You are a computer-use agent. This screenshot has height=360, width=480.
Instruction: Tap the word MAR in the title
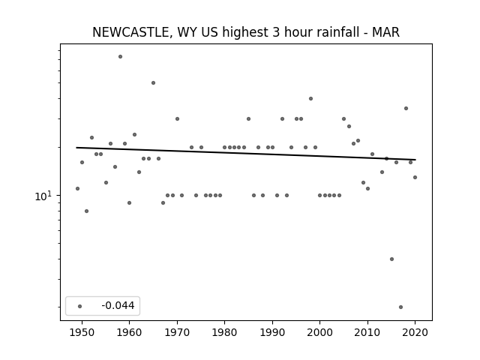pyautogui.click(x=385, y=32)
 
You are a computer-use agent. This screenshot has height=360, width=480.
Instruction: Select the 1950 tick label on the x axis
pyautogui.click(x=82, y=332)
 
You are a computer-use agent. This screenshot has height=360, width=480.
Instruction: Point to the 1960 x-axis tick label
pyautogui.click(x=130, y=332)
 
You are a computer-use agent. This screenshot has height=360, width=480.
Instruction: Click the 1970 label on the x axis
pyautogui.click(x=177, y=332)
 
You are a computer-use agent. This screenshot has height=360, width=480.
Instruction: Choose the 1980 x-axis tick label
pyautogui.click(x=225, y=332)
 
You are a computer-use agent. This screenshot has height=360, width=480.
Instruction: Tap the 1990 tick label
pyautogui.click(x=272, y=332)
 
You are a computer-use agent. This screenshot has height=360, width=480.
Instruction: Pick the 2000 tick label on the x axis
pyautogui.click(x=320, y=332)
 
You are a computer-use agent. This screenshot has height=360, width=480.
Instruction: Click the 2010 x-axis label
pyautogui.click(x=367, y=332)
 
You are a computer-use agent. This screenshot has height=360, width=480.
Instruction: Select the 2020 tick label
pyautogui.click(x=415, y=332)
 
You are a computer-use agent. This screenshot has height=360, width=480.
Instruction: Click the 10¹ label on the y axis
pyautogui.click(x=43, y=196)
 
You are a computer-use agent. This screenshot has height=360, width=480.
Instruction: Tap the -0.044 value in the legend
pyautogui.click(x=118, y=305)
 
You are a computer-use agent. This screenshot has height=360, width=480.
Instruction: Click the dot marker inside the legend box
pyautogui.click(x=80, y=306)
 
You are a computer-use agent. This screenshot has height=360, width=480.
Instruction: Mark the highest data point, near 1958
pyautogui.click(x=120, y=57)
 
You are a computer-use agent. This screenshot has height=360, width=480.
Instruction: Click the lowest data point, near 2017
pyautogui.click(x=400, y=307)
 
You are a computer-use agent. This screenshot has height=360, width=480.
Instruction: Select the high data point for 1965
pyautogui.click(x=153, y=83)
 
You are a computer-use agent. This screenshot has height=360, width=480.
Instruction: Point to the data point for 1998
pyautogui.click(x=310, y=98)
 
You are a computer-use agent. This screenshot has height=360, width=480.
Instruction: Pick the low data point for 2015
pyautogui.click(x=391, y=259)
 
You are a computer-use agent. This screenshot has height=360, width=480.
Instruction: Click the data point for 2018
pyautogui.click(x=406, y=108)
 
